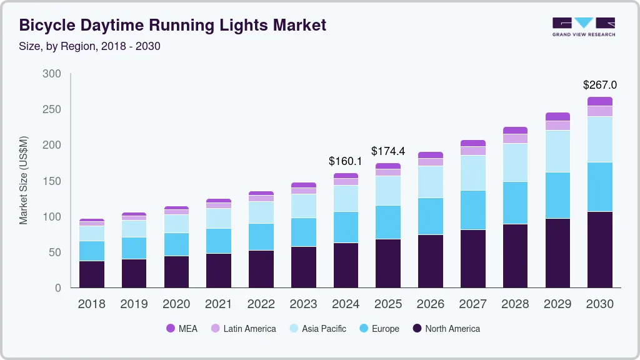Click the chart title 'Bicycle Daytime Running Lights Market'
(172, 26)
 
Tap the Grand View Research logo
(583, 27)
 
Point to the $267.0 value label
(599, 85)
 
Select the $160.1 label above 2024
(346, 161)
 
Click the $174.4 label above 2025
(387, 151)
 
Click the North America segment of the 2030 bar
(599, 249)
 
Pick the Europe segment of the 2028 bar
(515, 202)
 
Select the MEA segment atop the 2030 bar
(599, 101)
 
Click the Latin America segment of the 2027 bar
(472, 151)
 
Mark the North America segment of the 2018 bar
(92, 274)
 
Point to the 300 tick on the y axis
(52, 74)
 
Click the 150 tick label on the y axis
(52, 181)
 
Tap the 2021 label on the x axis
(219, 304)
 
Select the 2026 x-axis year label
(430, 304)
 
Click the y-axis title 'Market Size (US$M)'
(24, 180)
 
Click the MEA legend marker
(171, 329)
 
